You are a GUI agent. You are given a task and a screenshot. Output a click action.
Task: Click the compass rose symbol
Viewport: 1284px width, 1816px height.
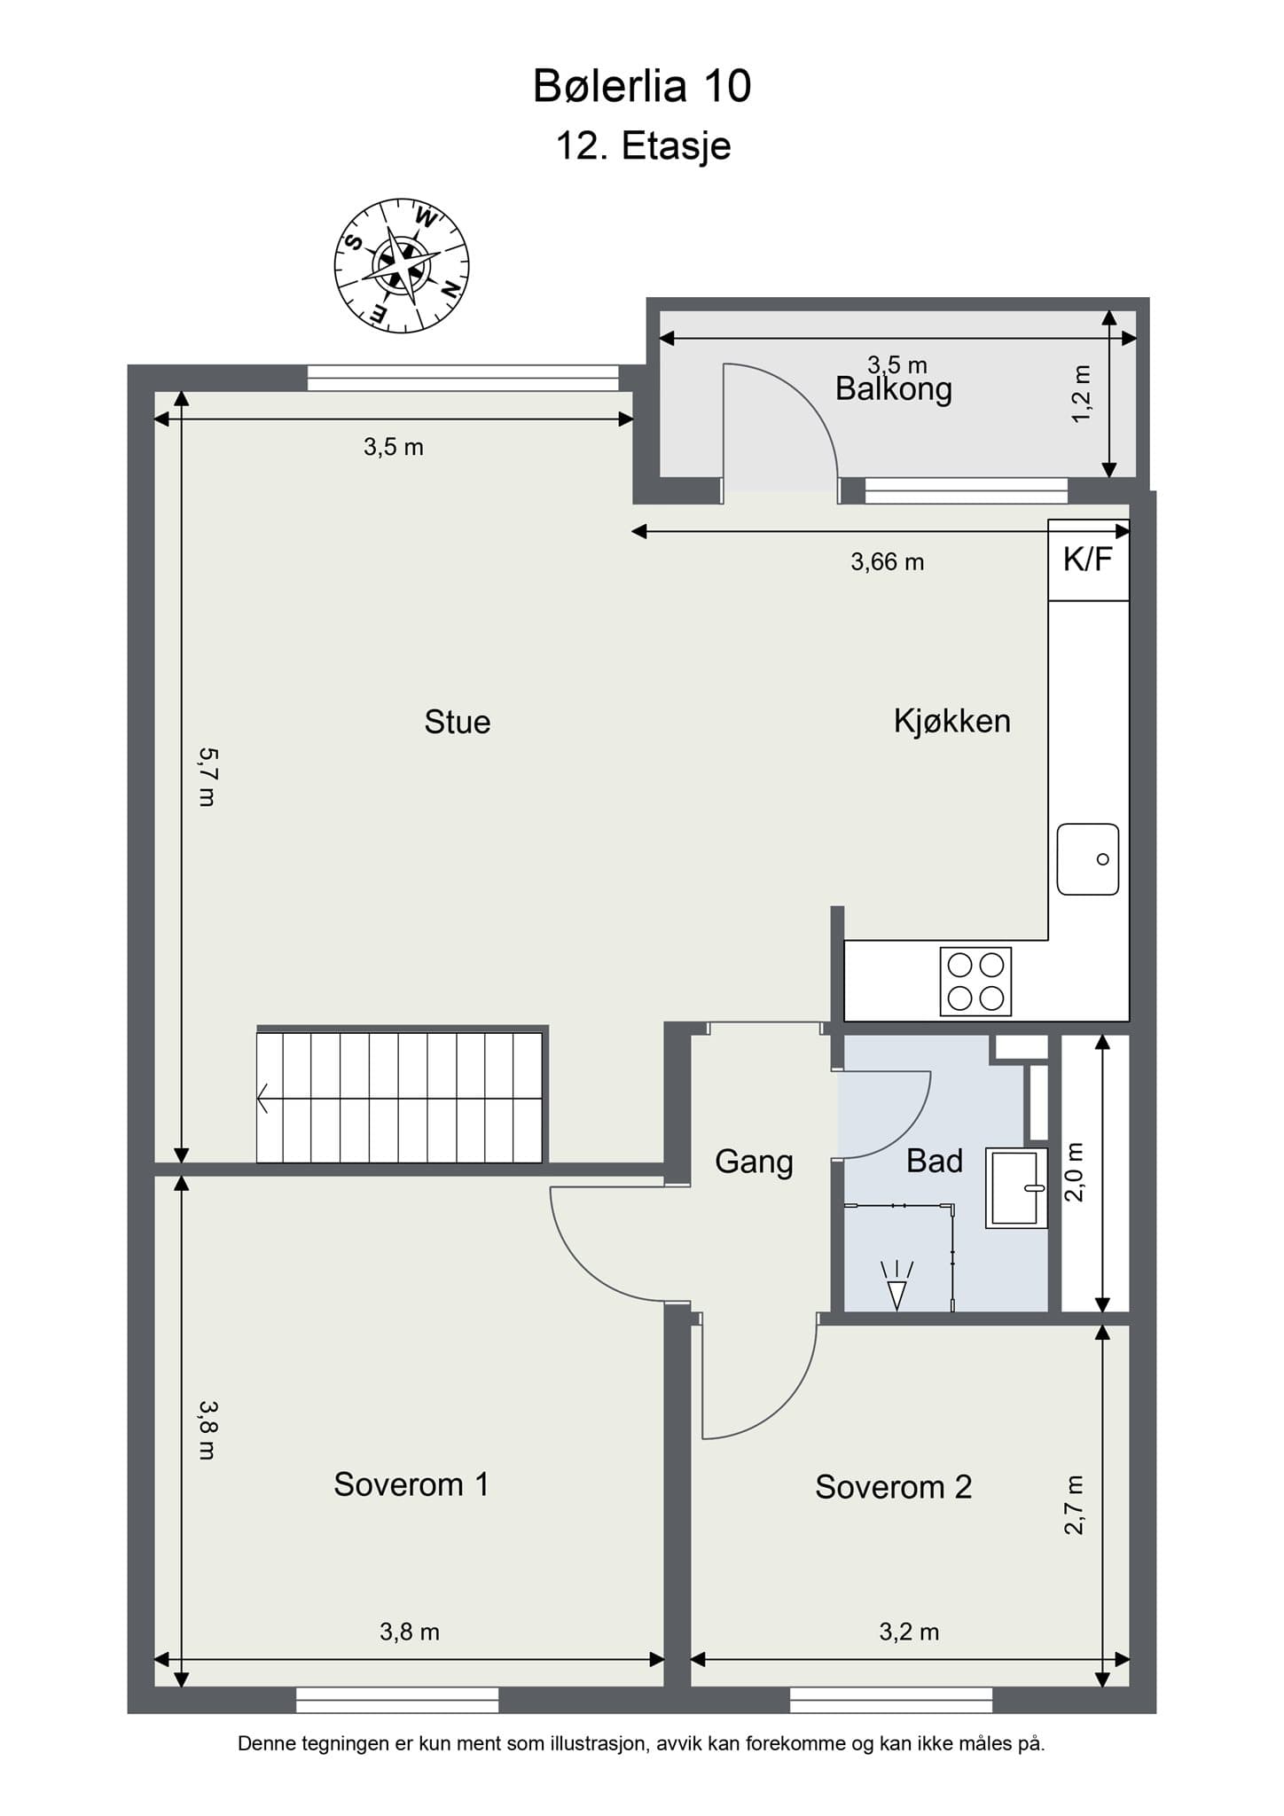pos(402,265)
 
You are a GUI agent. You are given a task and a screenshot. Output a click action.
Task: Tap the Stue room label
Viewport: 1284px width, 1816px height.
pos(458,722)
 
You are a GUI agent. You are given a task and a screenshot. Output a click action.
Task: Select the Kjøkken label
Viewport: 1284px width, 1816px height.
pos(952,721)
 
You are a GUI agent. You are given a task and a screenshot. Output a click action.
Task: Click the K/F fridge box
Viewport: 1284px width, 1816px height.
pos(1088,560)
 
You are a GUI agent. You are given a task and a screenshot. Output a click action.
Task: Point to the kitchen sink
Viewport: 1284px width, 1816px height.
pos(1088,859)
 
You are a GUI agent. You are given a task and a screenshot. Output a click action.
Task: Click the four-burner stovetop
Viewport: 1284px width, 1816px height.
pos(975,982)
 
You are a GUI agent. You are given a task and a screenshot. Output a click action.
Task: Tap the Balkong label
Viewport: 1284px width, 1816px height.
pos(894,390)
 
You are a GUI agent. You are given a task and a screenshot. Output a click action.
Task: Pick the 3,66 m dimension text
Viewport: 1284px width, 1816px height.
pos(888,561)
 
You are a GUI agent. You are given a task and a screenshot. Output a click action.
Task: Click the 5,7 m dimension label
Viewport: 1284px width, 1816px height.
pos(207,777)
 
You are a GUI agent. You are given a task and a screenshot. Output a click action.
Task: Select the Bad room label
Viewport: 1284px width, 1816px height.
pos(935,1162)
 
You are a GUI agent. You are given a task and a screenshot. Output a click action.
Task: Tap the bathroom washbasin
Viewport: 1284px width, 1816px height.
pos(1016,1188)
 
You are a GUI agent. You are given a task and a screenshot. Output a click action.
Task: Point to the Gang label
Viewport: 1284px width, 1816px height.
pos(754,1162)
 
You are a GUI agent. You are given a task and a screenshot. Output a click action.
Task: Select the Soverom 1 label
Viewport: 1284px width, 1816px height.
pos(411,1484)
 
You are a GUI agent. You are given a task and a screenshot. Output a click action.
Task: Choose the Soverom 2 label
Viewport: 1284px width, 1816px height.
pos(894,1487)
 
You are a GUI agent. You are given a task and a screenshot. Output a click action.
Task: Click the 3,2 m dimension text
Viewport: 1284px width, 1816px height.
pos(909,1632)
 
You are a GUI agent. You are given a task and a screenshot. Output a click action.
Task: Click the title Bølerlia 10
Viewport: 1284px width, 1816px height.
pos(642,86)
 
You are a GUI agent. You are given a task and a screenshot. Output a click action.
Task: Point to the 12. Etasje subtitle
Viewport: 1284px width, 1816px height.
pos(643,145)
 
